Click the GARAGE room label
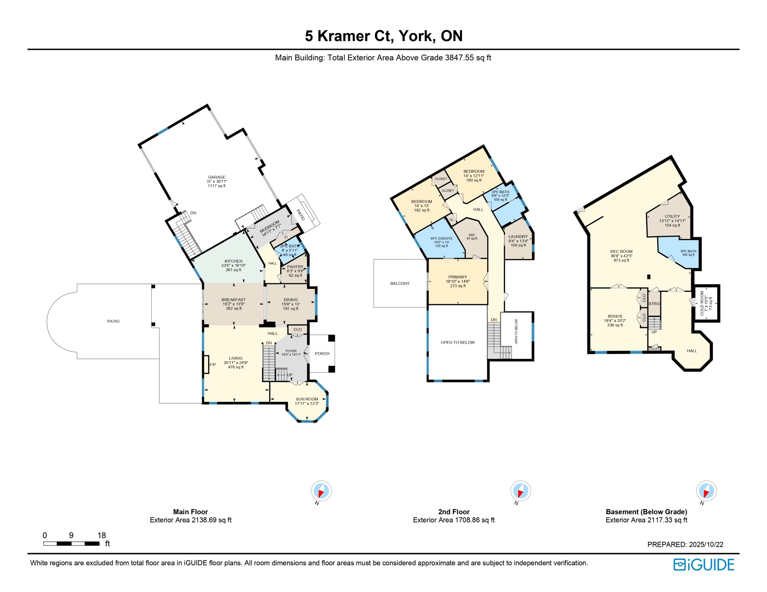tap(217, 177)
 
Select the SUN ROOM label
tap(307, 399)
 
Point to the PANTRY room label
tap(295, 267)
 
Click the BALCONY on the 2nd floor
tap(400, 283)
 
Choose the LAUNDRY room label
tap(518, 236)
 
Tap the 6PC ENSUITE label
tap(441, 238)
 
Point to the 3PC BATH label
tap(688, 251)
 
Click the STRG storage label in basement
tap(654, 303)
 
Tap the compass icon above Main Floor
tap(321, 491)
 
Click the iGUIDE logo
tap(704, 565)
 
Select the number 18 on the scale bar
tap(102, 535)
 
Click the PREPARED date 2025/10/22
tap(706, 544)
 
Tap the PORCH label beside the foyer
tap(322, 353)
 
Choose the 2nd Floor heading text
tap(454, 511)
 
